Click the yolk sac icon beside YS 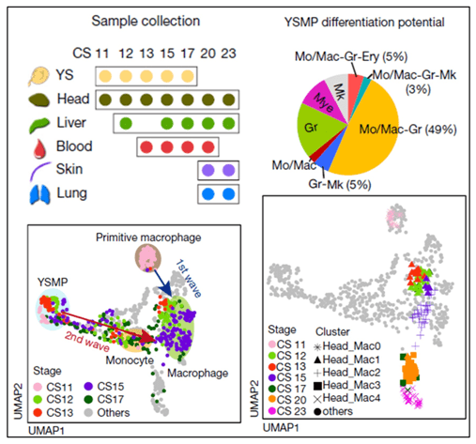(38, 76)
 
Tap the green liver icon (38, 124)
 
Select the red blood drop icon (39, 148)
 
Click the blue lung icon (39, 194)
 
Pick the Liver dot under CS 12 (126, 123)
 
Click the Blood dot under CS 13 (146, 146)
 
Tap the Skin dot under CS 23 (229, 171)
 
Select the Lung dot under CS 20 (208, 194)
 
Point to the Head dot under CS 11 (105, 100)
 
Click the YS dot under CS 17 (188, 76)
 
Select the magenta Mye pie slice (322, 100)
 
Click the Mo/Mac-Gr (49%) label (407, 130)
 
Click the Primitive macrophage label (148, 237)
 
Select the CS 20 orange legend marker (272, 400)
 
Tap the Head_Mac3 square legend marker (317, 386)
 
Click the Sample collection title (146, 22)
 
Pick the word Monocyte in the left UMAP (130, 360)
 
